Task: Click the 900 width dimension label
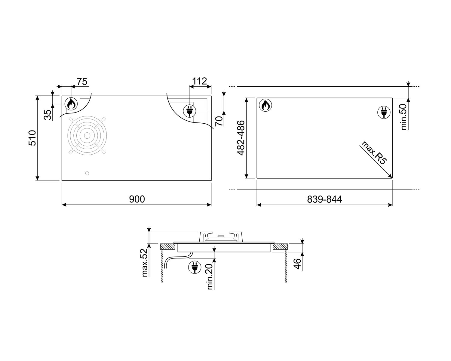coord(137,199)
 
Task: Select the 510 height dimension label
coord(32,138)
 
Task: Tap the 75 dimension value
coord(82,82)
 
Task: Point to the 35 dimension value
coord(48,115)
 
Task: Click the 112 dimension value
coord(200,81)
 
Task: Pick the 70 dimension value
coord(219,121)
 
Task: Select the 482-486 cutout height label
coord(241,138)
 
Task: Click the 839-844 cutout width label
coord(324,199)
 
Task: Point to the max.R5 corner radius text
coord(374,153)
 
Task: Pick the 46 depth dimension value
coord(297,264)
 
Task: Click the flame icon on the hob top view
coord(71,104)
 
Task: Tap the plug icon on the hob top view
coord(189,111)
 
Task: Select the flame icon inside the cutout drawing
coord(265,105)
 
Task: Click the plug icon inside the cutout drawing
coord(384,112)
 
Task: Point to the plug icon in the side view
coord(194,267)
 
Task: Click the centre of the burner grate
coord(87,135)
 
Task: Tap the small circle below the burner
coord(87,173)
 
